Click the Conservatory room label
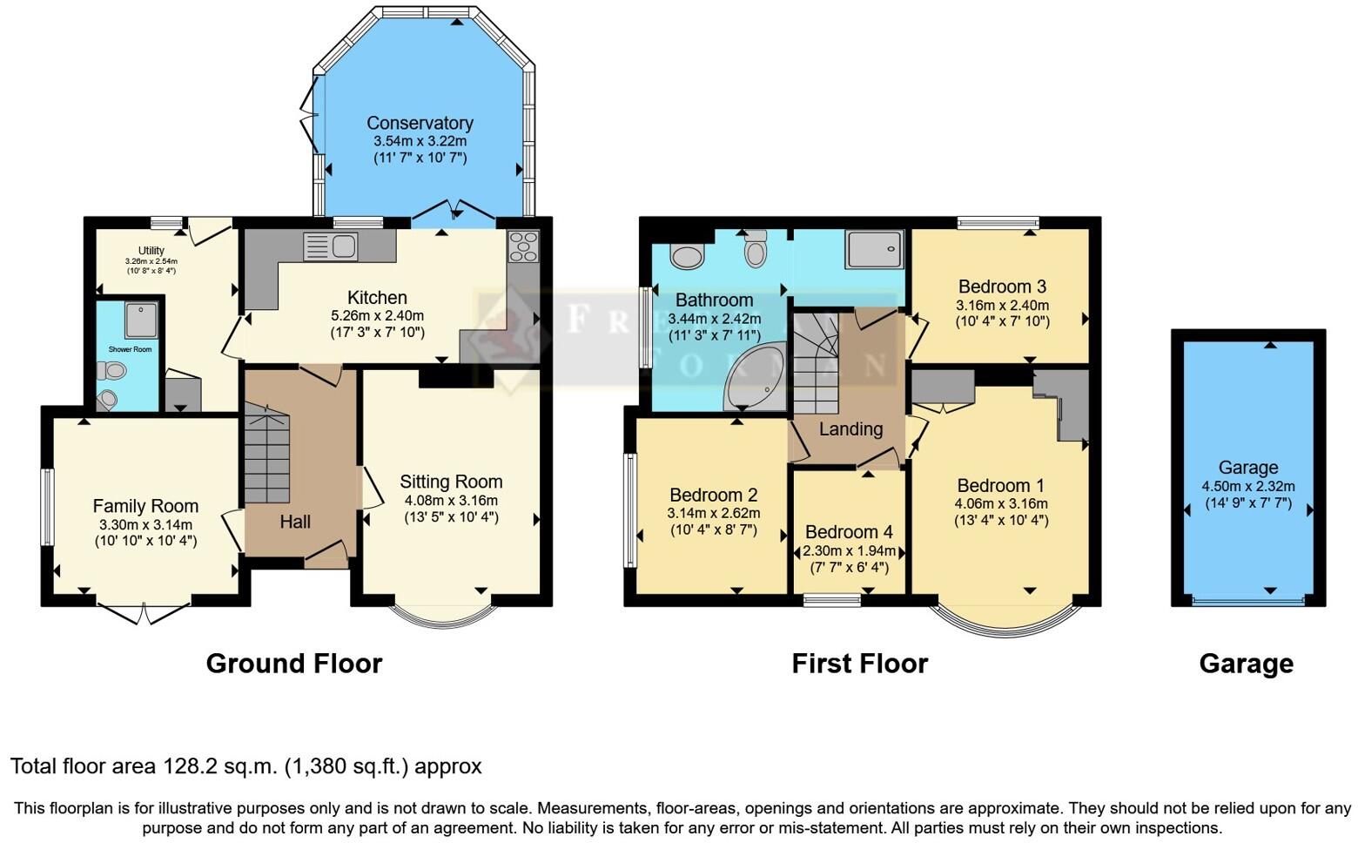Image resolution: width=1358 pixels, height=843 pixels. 420,123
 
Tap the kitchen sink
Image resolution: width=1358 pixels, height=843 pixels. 331,246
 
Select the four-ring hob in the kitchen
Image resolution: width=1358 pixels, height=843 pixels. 523,246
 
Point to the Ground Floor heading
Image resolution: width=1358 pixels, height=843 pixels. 293,664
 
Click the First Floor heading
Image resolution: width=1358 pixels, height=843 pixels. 859,664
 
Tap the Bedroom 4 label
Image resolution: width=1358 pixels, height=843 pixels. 849,532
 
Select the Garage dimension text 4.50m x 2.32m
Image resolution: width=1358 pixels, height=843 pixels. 1247,487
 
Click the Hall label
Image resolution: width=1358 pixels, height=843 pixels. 295,522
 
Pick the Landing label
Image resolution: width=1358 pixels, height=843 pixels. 850,428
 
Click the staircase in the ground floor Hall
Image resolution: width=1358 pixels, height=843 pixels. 266,454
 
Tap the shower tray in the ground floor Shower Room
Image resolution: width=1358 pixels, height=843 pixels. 140,320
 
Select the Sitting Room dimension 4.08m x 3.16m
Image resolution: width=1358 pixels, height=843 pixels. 451,501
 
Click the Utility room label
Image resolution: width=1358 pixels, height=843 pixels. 151,251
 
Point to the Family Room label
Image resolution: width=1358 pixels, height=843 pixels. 145,506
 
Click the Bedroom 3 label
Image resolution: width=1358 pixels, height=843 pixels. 1002,287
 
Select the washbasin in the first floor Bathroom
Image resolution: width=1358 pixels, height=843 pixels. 688,257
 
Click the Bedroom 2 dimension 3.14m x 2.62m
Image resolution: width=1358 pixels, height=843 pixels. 713,513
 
